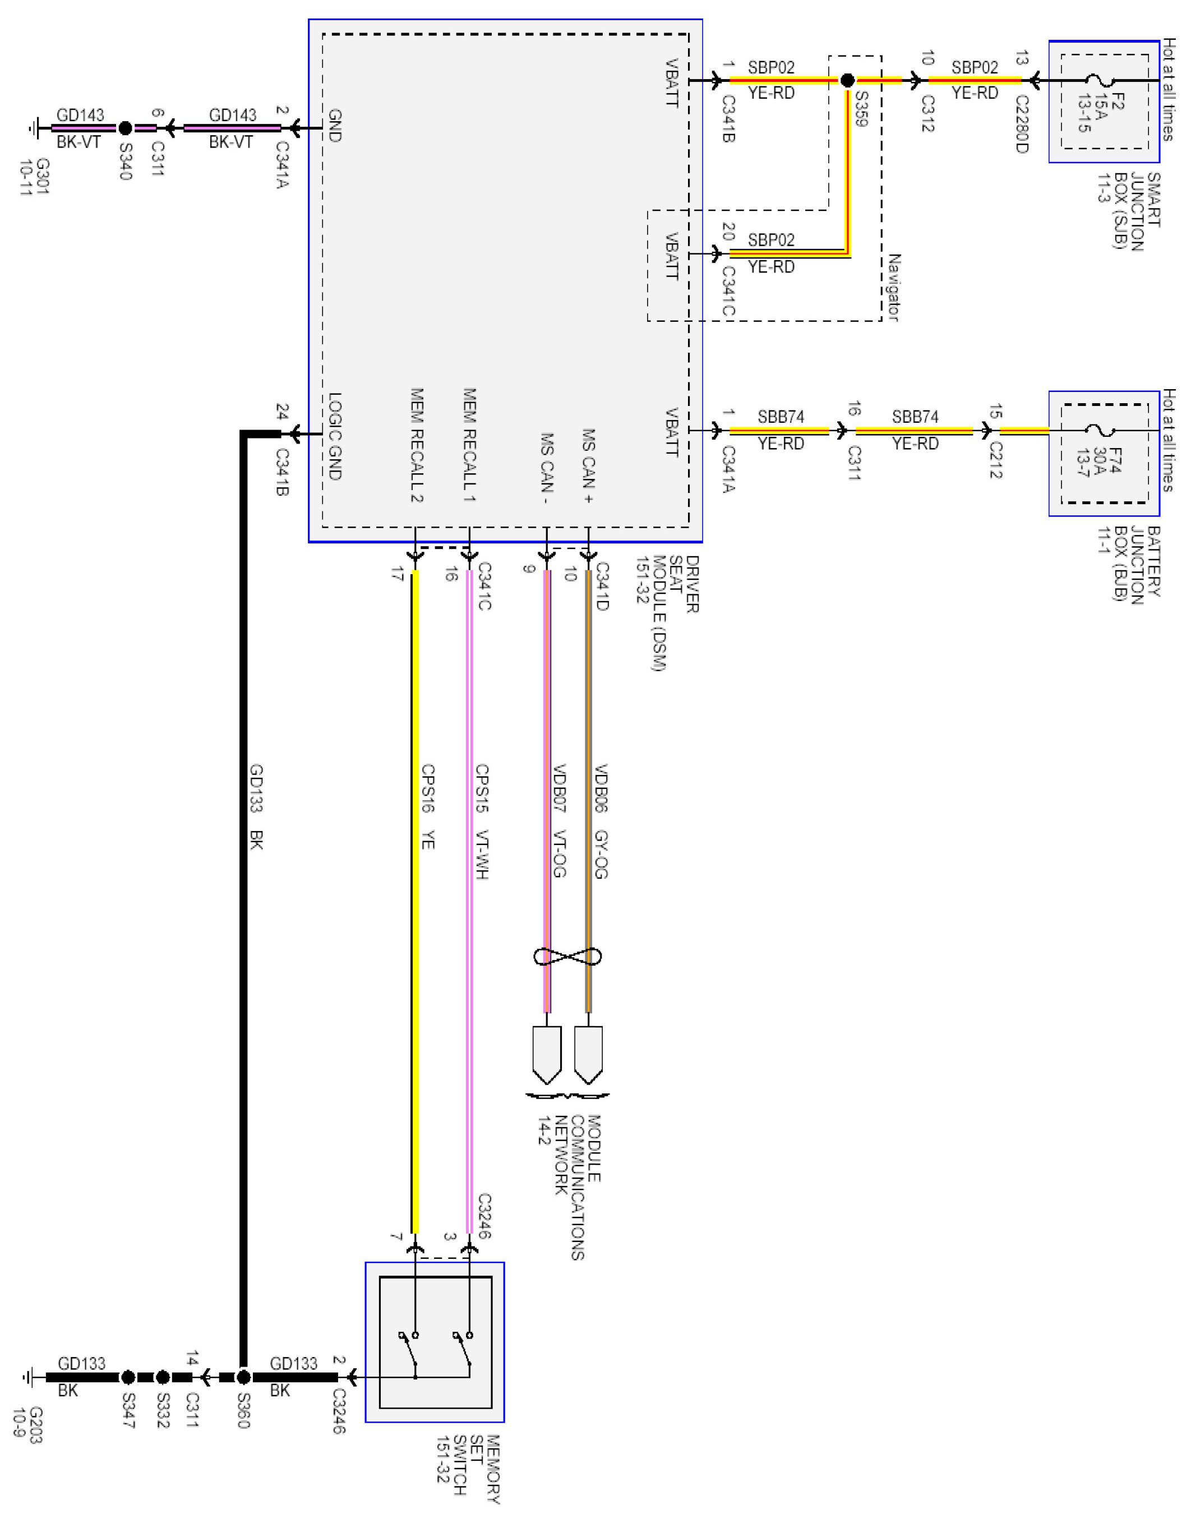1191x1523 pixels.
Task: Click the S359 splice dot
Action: click(x=847, y=81)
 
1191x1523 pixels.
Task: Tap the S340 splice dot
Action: click(x=125, y=128)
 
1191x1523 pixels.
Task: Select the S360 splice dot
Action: click(x=243, y=1377)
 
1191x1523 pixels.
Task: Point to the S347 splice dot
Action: click(x=128, y=1377)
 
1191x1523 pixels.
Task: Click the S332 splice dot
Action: click(x=162, y=1377)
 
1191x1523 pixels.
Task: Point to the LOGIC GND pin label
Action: click(x=335, y=437)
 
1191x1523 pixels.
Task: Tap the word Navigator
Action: click(x=894, y=287)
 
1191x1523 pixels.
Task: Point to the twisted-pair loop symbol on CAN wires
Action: click(x=567, y=956)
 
